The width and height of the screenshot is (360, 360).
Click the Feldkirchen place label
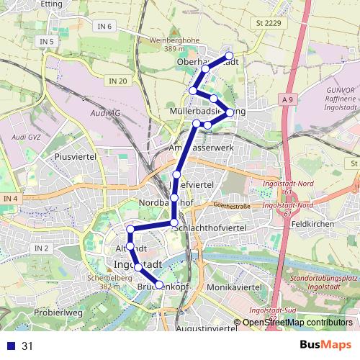[312, 225]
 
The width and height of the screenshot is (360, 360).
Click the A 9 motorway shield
[289, 99]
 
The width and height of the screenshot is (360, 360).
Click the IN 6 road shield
[105, 27]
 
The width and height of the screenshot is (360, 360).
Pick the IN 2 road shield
[41, 248]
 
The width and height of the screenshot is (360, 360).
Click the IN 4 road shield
[10, 198]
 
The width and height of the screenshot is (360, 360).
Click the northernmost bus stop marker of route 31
[230, 55]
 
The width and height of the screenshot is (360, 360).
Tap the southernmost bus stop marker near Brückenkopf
[160, 285]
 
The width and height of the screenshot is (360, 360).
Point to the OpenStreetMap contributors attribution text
[297, 323]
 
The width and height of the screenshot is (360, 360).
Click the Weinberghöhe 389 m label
[174, 44]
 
